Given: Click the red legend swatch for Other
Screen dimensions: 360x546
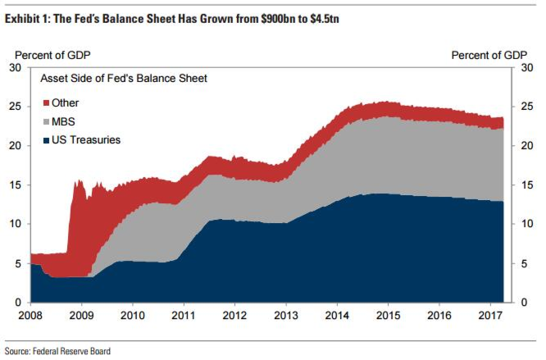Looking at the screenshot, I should pyautogui.click(x=46, y=103).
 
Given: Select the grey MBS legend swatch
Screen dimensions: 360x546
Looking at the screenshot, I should pyautogui.click(x=46, y=121).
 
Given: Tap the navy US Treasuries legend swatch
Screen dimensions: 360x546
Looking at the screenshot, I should pyautogui.click(x=46, y=139).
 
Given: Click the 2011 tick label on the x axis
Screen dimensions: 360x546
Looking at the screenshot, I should pyautogui.click(x=183, y=315).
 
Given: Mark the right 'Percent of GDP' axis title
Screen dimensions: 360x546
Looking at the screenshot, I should pyautogui.click(x=489, y=54).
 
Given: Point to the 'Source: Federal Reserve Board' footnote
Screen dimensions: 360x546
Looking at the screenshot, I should pyautogui.click(x=57, y=351).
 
